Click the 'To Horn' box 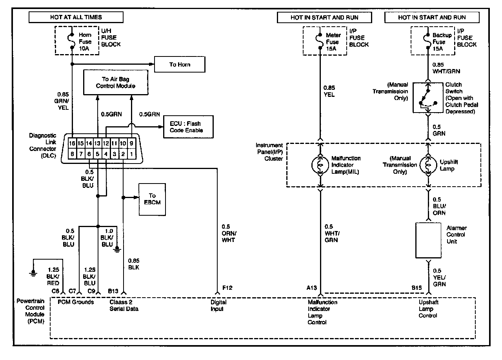(180, 65)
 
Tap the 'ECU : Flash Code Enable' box (189, 127)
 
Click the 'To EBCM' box (152, 199)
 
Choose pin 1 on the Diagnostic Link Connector (132, 154)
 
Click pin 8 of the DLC (72, 154)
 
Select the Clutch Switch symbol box (428, 98)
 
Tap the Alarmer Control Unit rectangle (428, 240)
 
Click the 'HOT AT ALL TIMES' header (76, 17)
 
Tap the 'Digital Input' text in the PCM (219, 305)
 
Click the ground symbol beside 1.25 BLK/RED (34, 273)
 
